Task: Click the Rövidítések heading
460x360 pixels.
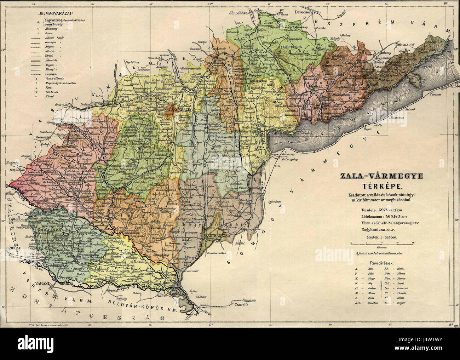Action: pyautogui.click(x=379, y=263)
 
